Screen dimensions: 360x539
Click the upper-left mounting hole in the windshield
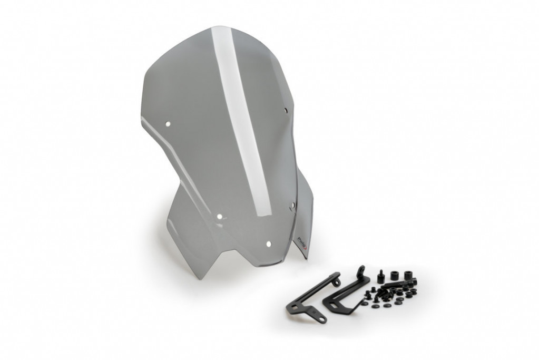(x=168, y=124)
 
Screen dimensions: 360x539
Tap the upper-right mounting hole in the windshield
(x=286, y=111)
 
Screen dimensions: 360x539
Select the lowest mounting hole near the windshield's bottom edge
(x=268, y=244)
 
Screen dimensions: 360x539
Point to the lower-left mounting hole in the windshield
(x=220, y=217)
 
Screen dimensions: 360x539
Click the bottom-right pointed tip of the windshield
(x=305, y=258)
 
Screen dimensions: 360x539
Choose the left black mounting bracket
(x=310, y=298)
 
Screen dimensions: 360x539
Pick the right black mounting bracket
(x=345, y=293)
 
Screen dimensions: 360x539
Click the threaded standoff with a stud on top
(x=380, y=277)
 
